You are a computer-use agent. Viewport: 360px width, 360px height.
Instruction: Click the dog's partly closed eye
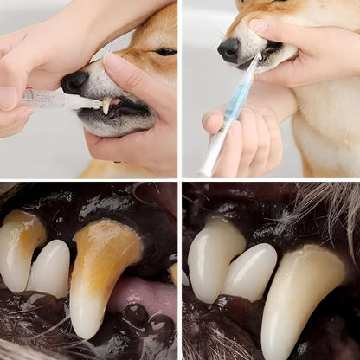coord(165,52)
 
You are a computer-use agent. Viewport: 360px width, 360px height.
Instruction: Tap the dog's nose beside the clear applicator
coord(75,82)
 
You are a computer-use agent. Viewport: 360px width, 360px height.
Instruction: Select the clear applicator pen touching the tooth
coord(52,100)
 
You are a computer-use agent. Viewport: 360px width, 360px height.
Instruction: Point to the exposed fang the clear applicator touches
coord(106,106)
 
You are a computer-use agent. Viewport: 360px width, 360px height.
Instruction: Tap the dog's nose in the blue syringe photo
coord(229,49)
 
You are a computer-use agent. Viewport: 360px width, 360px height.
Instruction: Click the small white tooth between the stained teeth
coord(50,268)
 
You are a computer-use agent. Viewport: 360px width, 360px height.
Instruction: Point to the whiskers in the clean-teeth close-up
coord(333,208)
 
